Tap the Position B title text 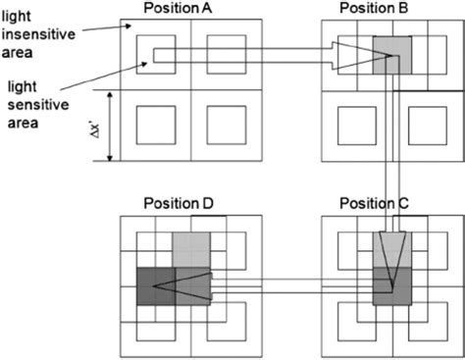pos(376,9)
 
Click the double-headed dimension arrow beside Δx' pos(112,126)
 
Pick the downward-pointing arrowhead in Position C pos(391,260)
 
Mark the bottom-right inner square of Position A pos(226,126)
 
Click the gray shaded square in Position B pos(392,54)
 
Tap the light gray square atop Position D pos(191,249)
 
